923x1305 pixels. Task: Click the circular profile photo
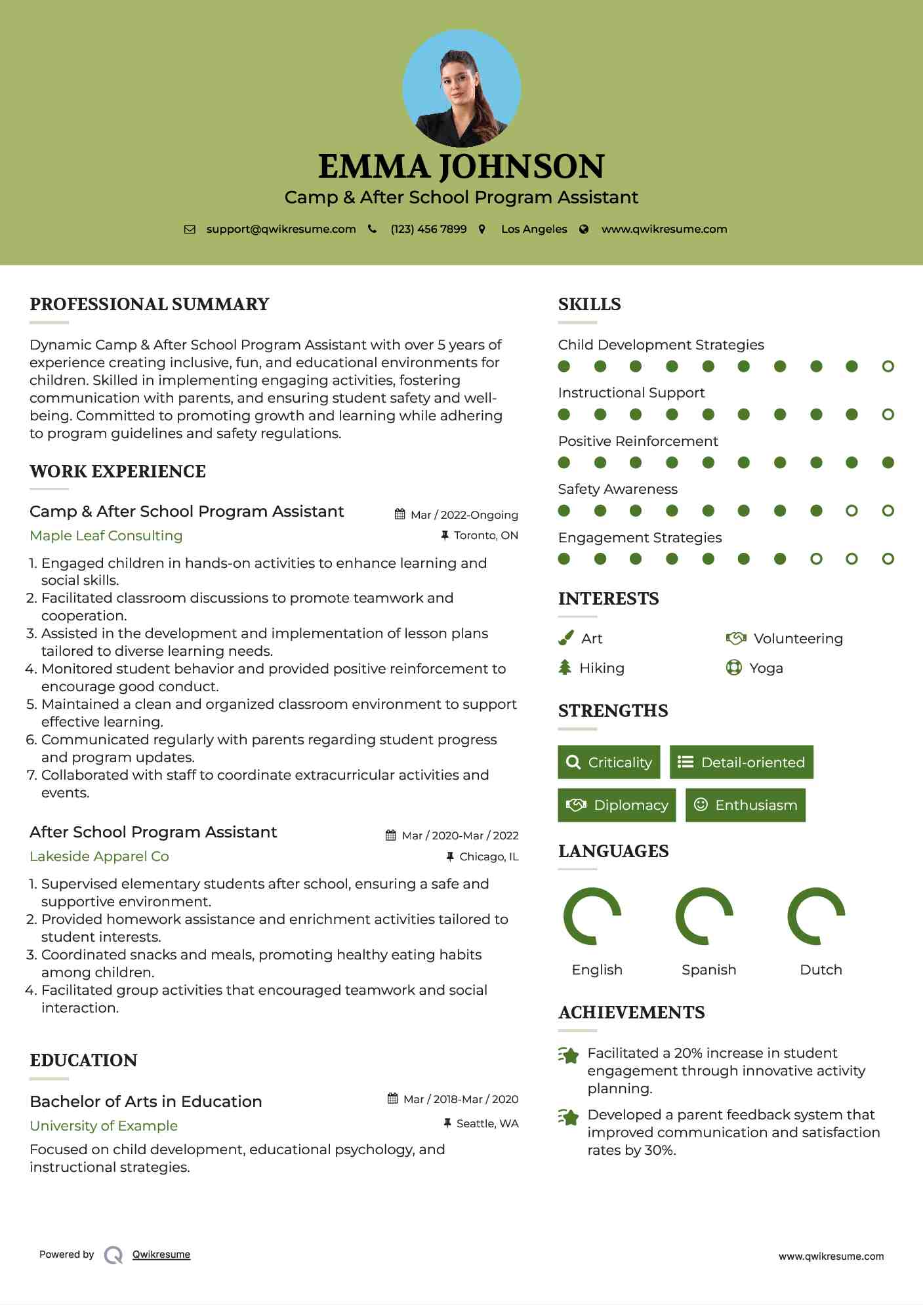[461, 88]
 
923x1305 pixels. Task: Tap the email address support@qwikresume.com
[281, 229]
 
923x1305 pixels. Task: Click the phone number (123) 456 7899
[428, 229]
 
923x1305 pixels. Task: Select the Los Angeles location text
[534, 229]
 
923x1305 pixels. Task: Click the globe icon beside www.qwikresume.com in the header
[584, 229]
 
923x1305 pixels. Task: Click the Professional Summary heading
[150, 304]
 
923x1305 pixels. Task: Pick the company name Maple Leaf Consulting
[106, 536]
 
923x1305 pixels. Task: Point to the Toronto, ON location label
[485, 536]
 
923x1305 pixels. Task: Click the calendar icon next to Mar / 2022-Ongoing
[400, 515]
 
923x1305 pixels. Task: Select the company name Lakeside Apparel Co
[99, 856]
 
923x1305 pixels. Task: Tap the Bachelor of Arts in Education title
[146, 1102]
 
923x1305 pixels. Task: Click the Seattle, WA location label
[487, 1123]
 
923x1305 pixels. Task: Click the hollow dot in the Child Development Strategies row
[888, 367]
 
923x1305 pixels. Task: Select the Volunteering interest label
[798, 639]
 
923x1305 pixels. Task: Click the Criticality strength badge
[609, 762]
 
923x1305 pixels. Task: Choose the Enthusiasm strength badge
[745, 805]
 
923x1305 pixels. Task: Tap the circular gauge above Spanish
[704, 916]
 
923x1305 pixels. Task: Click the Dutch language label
[821, 970]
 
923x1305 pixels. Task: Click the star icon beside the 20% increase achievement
[569, 1055]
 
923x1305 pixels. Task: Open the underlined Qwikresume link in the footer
[161, 1255]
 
